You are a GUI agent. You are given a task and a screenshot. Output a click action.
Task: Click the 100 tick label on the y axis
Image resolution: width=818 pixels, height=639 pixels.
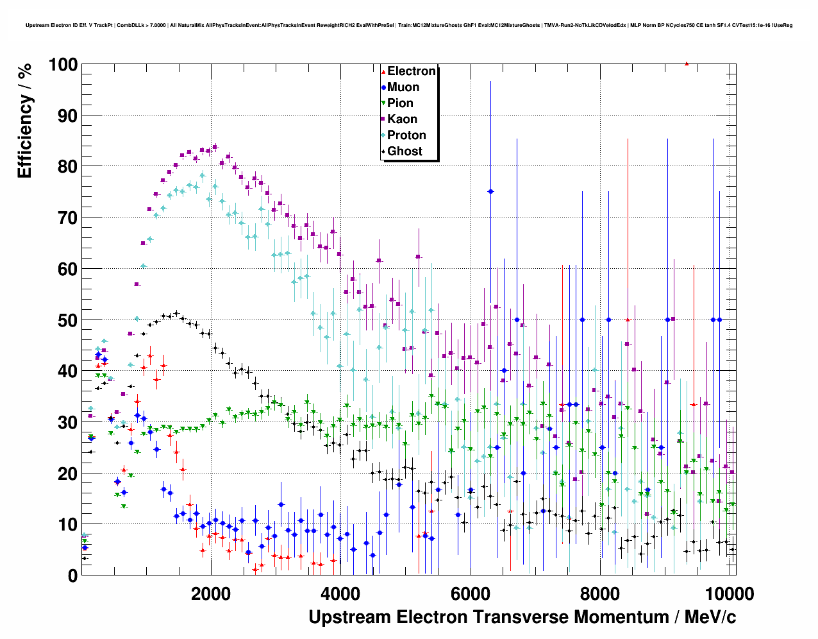62,65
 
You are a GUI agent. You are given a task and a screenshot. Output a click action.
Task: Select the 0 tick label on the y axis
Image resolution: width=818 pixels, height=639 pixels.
72,575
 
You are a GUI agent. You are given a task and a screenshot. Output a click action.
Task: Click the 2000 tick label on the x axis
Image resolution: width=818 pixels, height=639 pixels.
211,593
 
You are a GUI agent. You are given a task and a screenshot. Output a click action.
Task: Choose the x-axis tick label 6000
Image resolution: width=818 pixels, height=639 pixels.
470,593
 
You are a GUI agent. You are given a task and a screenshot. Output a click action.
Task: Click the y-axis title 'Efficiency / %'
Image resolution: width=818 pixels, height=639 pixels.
25,120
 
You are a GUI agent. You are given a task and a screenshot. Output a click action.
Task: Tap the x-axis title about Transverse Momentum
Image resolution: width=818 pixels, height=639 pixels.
522,617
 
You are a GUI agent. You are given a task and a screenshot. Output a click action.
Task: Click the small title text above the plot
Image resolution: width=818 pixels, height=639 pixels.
409,26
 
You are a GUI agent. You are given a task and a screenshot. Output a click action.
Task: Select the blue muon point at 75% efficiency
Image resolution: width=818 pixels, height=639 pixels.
490,191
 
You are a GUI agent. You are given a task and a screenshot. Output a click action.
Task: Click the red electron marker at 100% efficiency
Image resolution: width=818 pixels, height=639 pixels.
687,64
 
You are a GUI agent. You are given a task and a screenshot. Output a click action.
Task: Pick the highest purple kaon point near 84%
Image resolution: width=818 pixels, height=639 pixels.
215,147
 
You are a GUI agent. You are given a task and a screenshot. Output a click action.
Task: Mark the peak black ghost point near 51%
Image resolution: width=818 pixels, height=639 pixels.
176,313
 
